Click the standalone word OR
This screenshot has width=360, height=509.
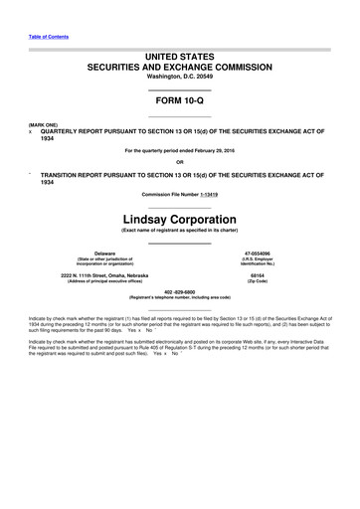tap(180, 162)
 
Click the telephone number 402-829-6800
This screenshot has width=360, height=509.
tap(180, 291)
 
